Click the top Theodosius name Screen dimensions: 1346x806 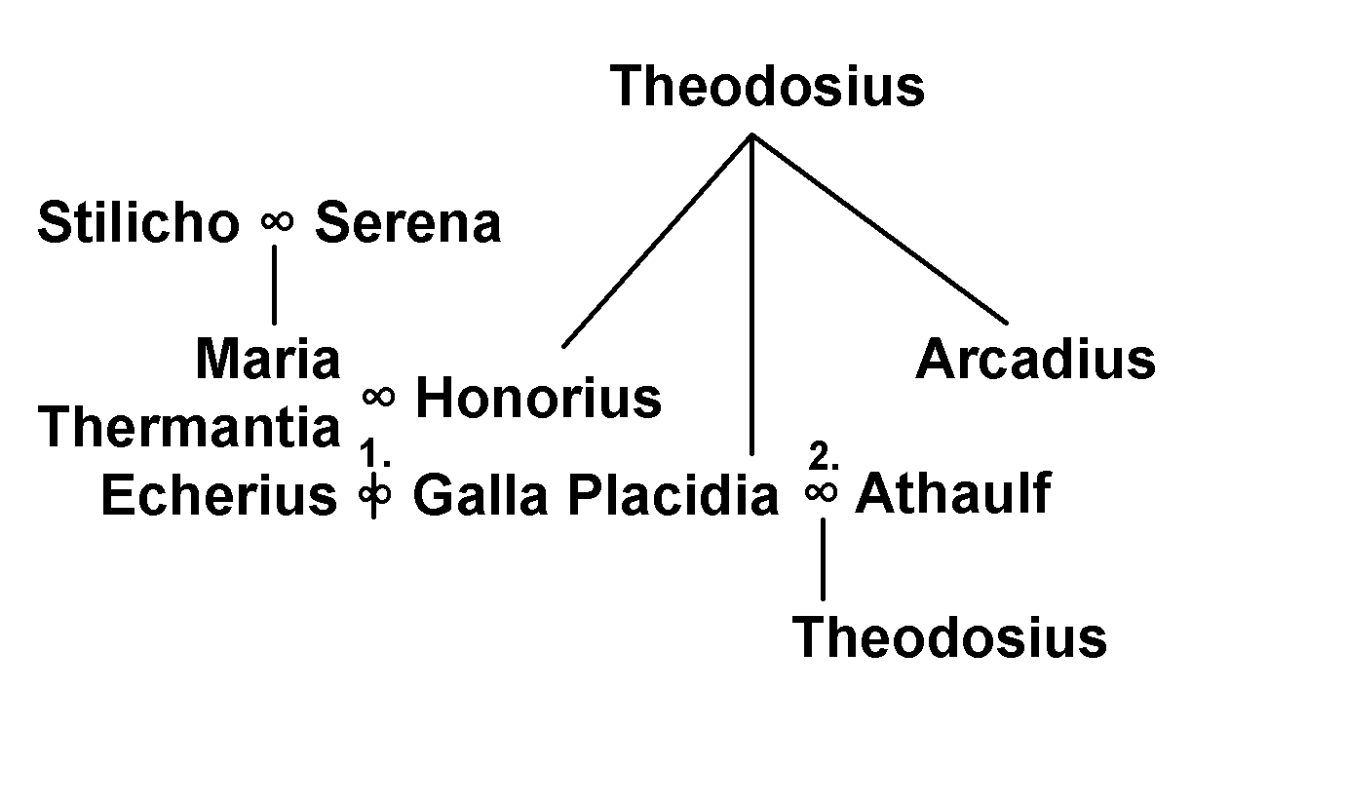pos(767,86)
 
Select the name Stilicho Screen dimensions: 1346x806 pos(138,222)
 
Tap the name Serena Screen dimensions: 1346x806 pos(408,223)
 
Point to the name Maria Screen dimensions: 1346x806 pos(268,359)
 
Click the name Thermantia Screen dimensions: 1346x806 pos(189,426)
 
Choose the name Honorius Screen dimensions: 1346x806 pos(538,398)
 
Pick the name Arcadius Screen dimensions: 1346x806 pos(1035,359)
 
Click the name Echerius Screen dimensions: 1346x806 pos(218,494)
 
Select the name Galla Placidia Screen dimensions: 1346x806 pos(596,494)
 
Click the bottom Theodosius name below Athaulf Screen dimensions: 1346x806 pos(949,637)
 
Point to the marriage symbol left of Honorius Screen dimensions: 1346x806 pos(378,397)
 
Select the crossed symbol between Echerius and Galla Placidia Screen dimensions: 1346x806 pos(374,495)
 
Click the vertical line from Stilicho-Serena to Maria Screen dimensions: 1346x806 pos(275,285)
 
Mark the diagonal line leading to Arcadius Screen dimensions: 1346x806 pos(879,228)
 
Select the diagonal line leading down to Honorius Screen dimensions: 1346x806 pos(657,241)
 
